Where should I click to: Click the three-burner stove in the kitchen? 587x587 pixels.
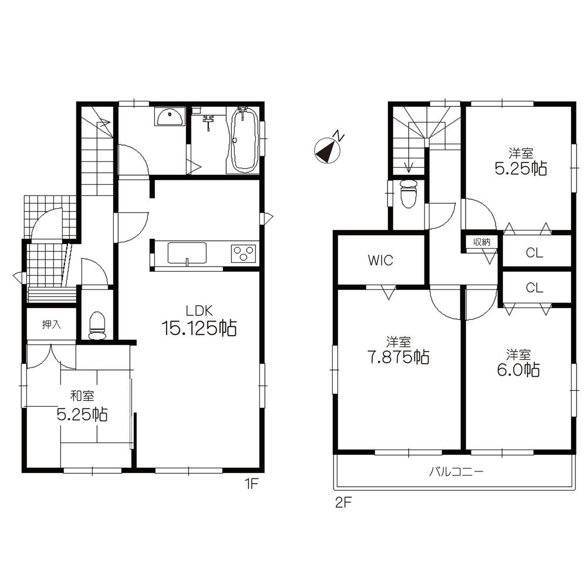[243, 254]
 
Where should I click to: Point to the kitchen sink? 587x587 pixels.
[187, 254]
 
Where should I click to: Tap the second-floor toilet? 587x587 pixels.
[407, 193]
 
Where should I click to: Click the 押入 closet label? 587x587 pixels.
[50, 324]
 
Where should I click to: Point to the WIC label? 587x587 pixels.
[380, 261]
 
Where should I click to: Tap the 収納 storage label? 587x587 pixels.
[482, 241]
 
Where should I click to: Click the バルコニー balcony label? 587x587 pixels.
[456, 471]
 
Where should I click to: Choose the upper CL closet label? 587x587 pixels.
[534, 253]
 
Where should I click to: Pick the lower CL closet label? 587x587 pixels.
[534, 288]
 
